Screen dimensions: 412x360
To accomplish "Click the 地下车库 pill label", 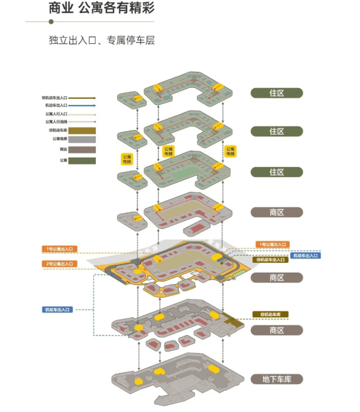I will pos(276,379).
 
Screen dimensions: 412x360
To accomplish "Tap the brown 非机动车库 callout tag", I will pos(270,314).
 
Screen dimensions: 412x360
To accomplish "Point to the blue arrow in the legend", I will pos(82,105).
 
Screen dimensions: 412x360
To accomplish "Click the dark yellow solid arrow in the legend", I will pos(82,98).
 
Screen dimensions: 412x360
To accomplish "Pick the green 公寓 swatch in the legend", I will pos(82,160).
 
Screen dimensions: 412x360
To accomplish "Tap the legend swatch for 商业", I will pos(82,150).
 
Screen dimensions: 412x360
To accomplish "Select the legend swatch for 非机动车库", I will pos(82,131).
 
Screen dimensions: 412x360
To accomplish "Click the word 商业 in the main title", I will pos(61,8).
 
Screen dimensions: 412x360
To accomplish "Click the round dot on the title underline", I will pos(51,21).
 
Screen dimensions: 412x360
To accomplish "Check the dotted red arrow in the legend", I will pos(82,121).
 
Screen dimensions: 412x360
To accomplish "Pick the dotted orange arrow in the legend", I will pos(82,113).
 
